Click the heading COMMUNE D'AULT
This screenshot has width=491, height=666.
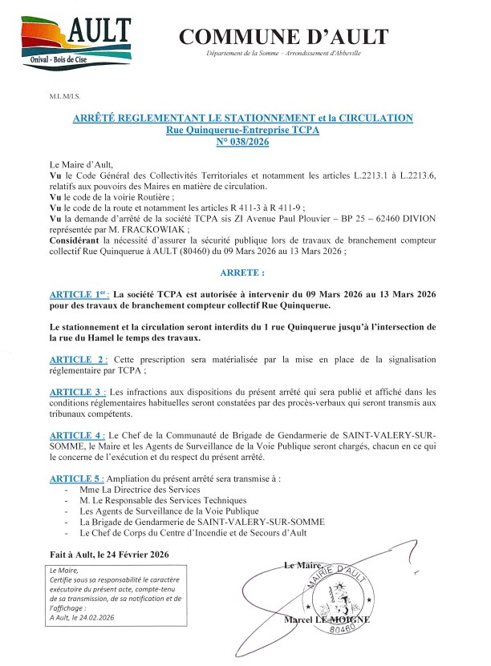coord(283,36)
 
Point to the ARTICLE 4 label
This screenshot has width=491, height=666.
coord(78,434)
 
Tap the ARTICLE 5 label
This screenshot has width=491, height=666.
coord(78,478)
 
